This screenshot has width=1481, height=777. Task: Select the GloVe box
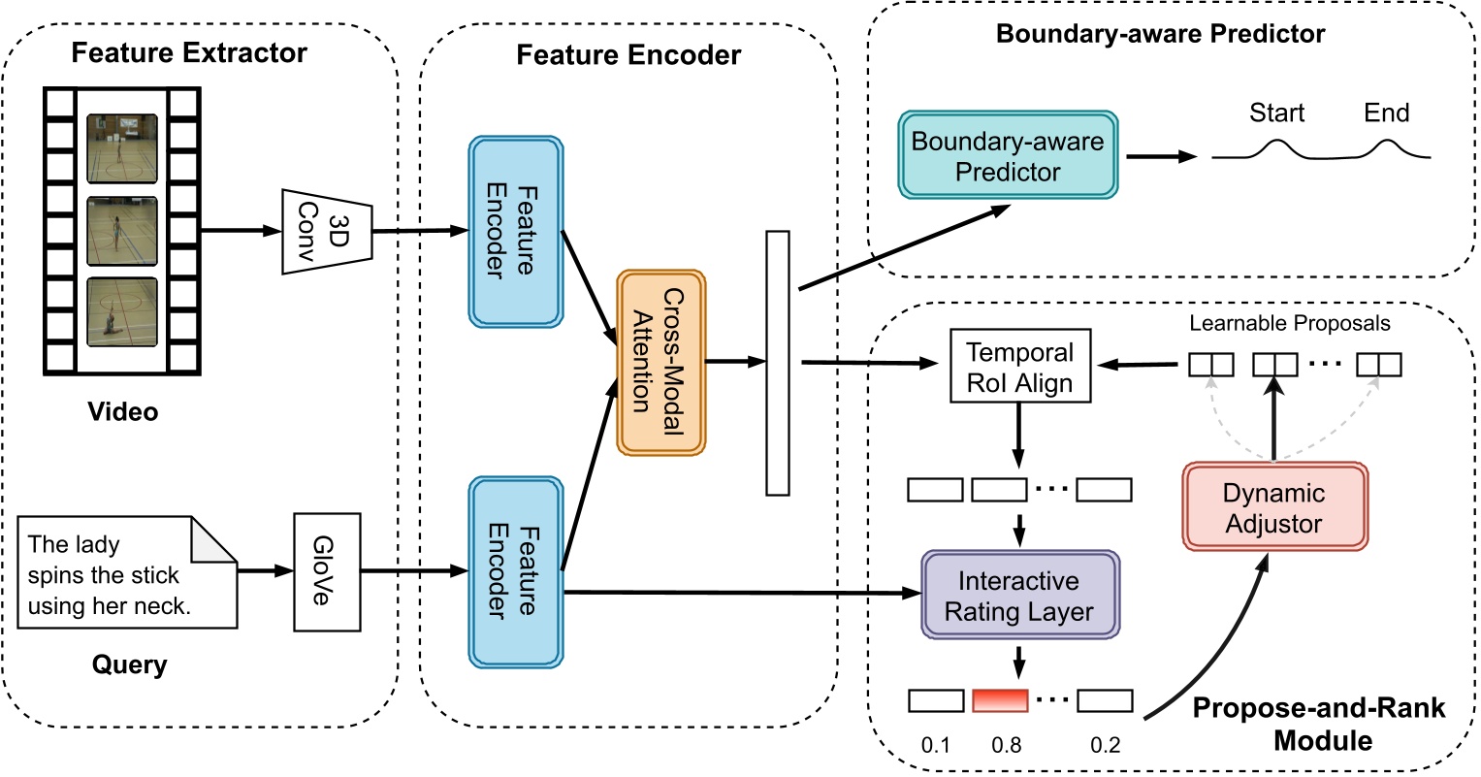tap(326, 572)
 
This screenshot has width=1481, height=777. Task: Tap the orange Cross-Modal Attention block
tap(660, 362)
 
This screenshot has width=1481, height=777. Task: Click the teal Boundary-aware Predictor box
tap(1008, 156)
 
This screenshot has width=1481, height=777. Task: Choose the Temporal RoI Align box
tap(1019, 368)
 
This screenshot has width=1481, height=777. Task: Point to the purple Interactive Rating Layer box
tap(1018, 597)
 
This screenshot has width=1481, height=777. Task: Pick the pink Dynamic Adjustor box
tap(1273, 508)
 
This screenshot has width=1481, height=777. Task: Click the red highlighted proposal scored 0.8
tap(998, 700)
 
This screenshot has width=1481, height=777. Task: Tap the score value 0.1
tap(935, 745)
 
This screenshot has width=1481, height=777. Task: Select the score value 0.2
tap(1105, 745)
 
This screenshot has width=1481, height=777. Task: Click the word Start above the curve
tap(1276, 113)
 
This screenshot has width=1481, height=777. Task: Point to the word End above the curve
tap(1386, 113)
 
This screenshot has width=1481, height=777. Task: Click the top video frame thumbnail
tap(121, 148)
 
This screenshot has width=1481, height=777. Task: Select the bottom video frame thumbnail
tap(121, 311)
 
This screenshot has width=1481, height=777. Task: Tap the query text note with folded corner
tap(126, 572)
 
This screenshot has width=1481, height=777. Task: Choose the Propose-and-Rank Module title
tap(1318, 724)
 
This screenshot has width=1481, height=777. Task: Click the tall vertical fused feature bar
tap(778, 363)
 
